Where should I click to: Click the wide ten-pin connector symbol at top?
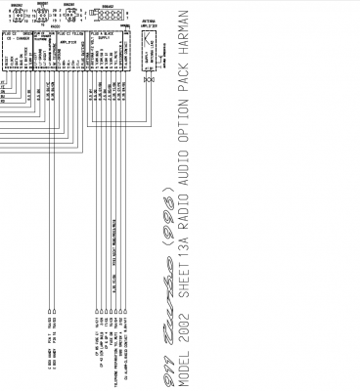tap(107, 16)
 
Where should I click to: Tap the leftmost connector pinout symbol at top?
tap(18, 16)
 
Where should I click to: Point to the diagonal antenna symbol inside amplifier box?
tap(147, 44)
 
